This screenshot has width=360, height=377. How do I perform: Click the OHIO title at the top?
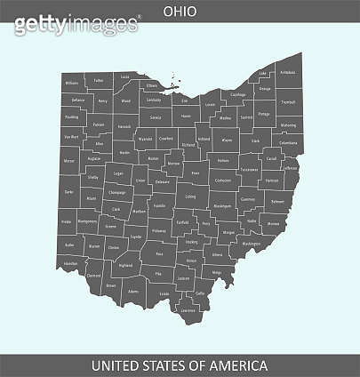(180, 12)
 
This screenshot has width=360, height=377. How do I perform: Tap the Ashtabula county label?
(288, 73)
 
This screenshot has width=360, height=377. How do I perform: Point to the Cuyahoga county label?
(237, 93)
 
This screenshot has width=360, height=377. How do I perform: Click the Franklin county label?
(159, 205)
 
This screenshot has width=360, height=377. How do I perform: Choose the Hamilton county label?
(71, 264)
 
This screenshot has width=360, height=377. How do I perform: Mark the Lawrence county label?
(188, 311)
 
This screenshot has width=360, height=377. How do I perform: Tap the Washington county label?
(252, 243)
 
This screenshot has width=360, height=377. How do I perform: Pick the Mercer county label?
(69, 161)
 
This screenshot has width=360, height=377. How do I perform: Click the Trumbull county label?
(287, 102)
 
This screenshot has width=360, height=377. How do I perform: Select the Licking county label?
(190, 197)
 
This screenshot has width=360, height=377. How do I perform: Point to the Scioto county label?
(164, 293)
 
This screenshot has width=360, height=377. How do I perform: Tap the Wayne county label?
(227, 140)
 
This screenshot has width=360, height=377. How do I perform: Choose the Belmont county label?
(276, 203)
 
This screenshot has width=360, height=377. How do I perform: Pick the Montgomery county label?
(87, 221)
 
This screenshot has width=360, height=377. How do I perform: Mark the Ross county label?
(160, 254)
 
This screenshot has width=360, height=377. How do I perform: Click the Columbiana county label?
(288, 142)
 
